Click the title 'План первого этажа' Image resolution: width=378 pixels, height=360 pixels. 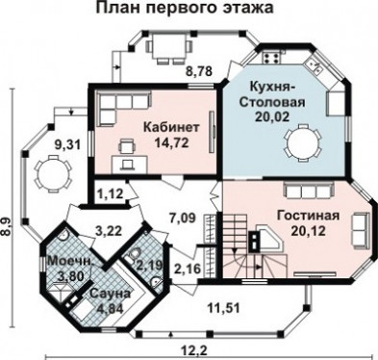[185, 8]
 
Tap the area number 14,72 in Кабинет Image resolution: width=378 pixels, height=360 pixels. [171, 142]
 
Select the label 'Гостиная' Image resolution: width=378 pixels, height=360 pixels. [308, 216]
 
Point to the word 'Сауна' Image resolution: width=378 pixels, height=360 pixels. [110, 294]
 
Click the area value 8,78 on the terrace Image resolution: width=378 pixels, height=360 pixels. [199, 71]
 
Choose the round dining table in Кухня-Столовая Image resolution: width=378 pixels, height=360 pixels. [302, 143]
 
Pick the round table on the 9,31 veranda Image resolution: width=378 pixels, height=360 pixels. [53, 173]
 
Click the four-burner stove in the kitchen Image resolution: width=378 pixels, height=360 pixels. [271, 57]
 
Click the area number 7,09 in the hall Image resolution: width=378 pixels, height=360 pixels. [182, 219]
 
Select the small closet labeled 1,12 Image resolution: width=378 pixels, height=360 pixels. [109, 193]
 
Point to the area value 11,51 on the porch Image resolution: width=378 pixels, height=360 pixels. [224, 308]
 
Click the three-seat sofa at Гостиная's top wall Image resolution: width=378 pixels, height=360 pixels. [310, 191]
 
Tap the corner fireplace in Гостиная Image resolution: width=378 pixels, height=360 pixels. [265, 240]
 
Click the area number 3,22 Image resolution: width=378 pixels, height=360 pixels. [109, 230]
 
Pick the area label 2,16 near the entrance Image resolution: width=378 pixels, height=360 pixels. [188, 268]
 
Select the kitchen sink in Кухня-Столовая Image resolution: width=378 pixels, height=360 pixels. [314, 66]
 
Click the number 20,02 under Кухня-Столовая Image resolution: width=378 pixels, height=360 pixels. [272, 116]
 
